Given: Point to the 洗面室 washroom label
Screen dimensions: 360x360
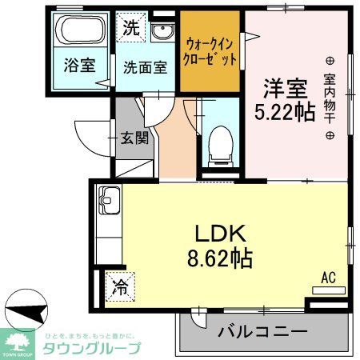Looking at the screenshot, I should point(146,68).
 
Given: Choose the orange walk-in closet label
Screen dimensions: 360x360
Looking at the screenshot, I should point(211,51).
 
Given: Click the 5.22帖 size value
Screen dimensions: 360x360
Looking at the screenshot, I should point(282,112).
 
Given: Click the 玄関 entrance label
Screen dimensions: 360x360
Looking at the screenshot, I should point(135,138).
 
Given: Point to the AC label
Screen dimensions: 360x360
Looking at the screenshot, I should point(327,277).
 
